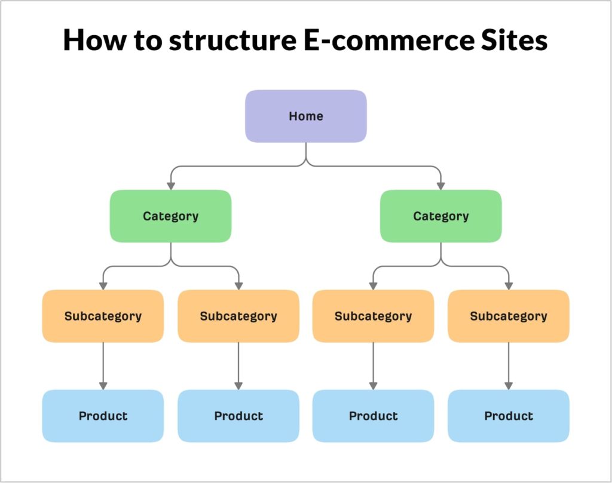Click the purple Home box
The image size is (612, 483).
[305, 116]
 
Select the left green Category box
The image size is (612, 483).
[170, 216]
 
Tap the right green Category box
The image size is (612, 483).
[441, 216]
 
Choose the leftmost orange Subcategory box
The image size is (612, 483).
[103, 316]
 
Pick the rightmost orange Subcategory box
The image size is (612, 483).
[509, 316]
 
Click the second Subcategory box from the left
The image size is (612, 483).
[238, 316]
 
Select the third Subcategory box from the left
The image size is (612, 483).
[374, 316]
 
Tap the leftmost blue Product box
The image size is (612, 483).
[103, 416]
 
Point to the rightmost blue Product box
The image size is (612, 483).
[509, 416]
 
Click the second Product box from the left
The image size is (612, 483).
[238, 416]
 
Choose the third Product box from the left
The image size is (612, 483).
[374, 416]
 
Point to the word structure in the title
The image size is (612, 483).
[216, 41]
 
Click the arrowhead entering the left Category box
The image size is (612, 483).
[170, 186]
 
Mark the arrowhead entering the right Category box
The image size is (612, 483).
[441, 186]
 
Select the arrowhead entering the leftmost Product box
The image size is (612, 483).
[103, 386]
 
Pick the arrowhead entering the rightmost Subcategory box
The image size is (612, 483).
[509, 285]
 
